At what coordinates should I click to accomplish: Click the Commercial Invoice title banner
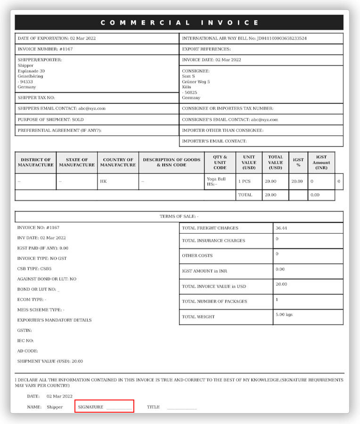(179, 23)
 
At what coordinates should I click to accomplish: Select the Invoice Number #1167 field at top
(45, 49)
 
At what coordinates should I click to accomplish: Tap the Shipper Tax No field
(36, 98)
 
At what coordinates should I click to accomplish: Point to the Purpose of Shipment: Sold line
(50, 120)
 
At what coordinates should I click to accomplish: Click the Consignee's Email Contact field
(230, 120)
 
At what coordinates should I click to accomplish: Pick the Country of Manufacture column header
(118, 163)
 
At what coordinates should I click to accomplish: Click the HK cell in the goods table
(104, 181)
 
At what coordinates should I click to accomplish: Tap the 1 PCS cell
(244, 181)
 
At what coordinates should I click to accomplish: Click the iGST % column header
(298, 163)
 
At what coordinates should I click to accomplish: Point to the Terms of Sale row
(179, 217)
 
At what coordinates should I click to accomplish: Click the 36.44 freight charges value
(281, 228)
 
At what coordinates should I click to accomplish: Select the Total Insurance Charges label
(213, 241)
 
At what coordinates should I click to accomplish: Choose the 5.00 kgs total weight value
(284, 315)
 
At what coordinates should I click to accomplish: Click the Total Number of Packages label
(214, 302)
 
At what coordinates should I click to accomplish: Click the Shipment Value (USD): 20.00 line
(50, 361)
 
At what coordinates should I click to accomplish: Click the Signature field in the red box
(105, 407)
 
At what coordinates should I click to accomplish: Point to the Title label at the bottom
(153, 407)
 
